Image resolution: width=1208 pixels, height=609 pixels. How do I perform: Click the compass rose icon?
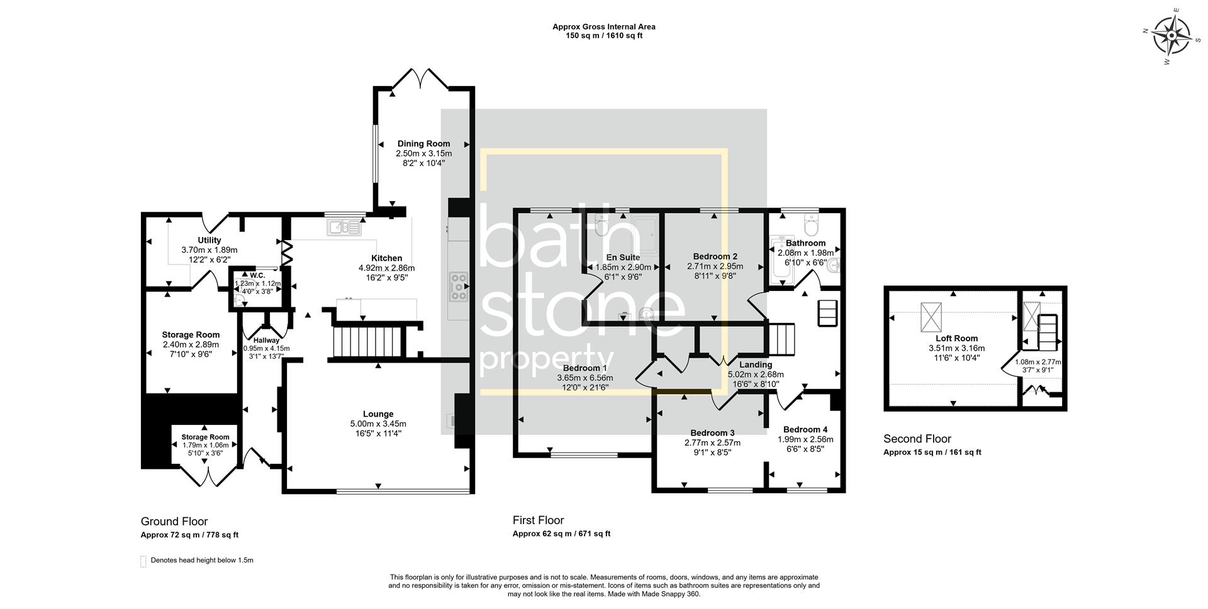click(1172, 35)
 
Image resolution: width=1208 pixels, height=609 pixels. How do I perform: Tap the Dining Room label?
click(423, 144)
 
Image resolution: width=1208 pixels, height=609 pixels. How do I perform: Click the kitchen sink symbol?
click(344, 227)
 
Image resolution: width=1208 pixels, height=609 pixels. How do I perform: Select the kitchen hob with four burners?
click(459, 287)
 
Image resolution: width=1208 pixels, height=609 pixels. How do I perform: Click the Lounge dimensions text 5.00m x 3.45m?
click(377, 424)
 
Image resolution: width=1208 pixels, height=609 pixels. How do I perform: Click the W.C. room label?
click(257, 275)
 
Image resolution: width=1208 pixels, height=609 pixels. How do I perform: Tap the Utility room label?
click(210, 240)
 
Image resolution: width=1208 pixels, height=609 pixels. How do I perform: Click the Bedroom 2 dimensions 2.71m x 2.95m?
click(715, 266)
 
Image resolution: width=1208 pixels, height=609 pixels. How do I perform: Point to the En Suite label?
click(623, 257)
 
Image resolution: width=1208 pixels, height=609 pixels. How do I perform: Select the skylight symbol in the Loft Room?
click(929, 317)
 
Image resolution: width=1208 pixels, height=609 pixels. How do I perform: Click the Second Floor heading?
click(917, 439)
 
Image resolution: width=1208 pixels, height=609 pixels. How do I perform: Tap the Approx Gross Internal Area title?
click(603, 26)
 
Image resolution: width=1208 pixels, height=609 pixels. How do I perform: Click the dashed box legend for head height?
click(143, 561)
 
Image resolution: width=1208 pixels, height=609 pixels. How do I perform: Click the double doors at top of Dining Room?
click(421, 79)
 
